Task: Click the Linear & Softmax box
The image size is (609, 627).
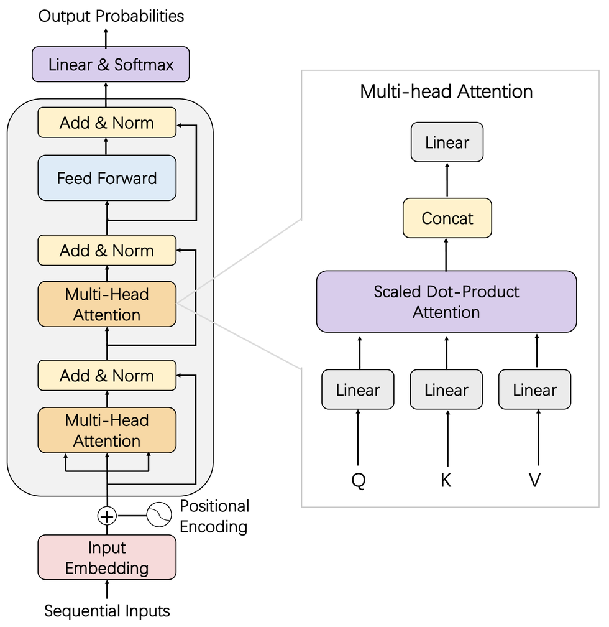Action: pyautogui.click(x=111, y=64)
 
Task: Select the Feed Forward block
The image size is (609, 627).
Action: pyautogui.click(x=107, y=179)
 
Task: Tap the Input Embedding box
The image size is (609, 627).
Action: pyautogui.click(x=107, y=558)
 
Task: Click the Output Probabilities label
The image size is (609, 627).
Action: pyautogui.click(x=111, y=16)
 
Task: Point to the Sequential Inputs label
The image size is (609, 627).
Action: pyautogui.click(x=107, y=611)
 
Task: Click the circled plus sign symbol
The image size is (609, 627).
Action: pyautogui.click(x=107, y=516)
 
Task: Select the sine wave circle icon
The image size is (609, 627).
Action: pyautogui.click(x=158, y=516)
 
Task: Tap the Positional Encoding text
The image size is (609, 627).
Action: pyautogui.click(x=214, y=516)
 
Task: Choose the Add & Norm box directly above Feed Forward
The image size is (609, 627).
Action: pyautogui.click(x=107, y=123)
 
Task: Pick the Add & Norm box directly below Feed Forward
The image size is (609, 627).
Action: pyautogui.click(x=107, y=251)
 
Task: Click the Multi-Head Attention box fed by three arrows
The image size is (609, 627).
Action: pyautogui.click(x=107, y=430)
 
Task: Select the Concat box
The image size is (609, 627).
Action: pyautogui.click(x=447, y=218)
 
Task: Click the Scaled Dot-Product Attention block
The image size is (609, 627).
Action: pyautogui.click(x=446, y=302)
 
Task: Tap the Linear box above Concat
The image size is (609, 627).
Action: pyautogui.click(x=447, y=142)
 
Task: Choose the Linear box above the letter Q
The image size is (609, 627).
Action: pyautogui.click(x=358, y=390)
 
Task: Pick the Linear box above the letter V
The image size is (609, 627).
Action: pyautogui.click(x=535, y=390)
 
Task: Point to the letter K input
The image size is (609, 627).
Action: pyautogui.click(x=446, y=481)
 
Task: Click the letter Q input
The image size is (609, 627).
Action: pyautogui.click(x=358, y=481)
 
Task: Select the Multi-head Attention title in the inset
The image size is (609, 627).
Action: pyautogui.click(x=446, y=91)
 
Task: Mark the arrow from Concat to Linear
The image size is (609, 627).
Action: pyautogui.click(x=447, y=180)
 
